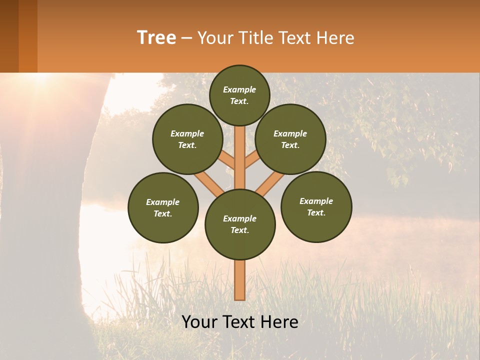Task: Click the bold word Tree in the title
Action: [x=156, y=38]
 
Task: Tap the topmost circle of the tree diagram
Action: [x=239, y=95]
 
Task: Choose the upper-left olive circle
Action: [x=187, y=139]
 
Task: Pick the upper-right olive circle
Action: [x=290, y=139]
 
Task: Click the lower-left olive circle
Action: [x=163, y=207]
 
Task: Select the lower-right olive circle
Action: [x=316, y=206]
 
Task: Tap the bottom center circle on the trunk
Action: [x=240, y=224]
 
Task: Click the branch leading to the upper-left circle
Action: [x=226, y=161]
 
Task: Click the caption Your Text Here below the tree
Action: [x=240, y=322]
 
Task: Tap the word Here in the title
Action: [x=337, y=38]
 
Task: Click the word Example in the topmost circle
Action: [x=239, y=89]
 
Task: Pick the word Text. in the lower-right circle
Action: [x=316, y=212]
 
